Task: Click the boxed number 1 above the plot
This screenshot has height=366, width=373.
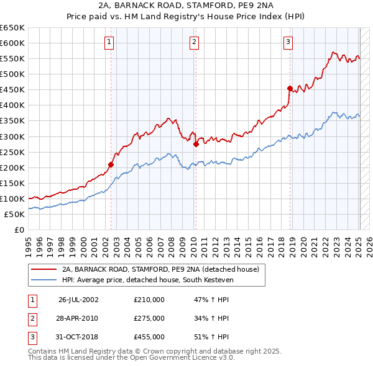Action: pyautogui.click(x=109, y=42)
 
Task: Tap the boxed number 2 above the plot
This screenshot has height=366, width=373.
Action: pyautogui.click(x=194, y=42)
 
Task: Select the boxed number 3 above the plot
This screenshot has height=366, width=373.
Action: pyautogui.click(x=288, y=42)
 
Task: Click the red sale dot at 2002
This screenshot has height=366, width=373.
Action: pyautogui.click(x=111, y=164)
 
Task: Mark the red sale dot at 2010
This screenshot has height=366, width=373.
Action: pyautogui.click(x=196, y=144)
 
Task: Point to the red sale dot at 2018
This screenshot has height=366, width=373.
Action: pyautogui.click(x=290, y=88)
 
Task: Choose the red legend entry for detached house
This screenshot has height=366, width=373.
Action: pyautogui.click(x=164, y=269)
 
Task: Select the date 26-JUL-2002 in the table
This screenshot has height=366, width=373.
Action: pyautogui.click(x=78, y=300)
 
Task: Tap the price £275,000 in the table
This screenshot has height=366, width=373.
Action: pyautogui.click(x=149, y=318)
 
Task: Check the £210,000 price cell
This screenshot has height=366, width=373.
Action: pyautogui.click(x=149, y=300)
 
